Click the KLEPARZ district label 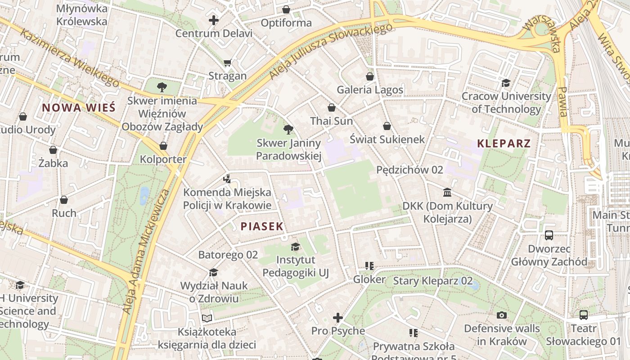tap(504, 144)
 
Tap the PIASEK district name tap(262, 226)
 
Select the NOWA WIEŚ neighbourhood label tap(79, 108)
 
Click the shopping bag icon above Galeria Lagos tap(370, 76)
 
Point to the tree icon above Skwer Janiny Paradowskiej tap(288, 130)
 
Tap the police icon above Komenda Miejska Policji tap(227, 179)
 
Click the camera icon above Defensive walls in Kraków tap(502, 315)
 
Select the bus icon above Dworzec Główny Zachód tap(549, 235)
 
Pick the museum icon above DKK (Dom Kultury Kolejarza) tap(448, 193)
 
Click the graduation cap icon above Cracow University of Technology tap(506, 83)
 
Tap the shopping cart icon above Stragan tap(228, 63)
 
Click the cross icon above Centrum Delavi tap(214, 20)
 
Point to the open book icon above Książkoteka tap(207, 319)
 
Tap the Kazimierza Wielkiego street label tap(70, 58)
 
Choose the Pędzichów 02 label tap(409, 170)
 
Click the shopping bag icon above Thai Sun tap(332, 108)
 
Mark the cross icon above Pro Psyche tap(338, 318)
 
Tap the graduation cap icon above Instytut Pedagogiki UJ tap(296, 247)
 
